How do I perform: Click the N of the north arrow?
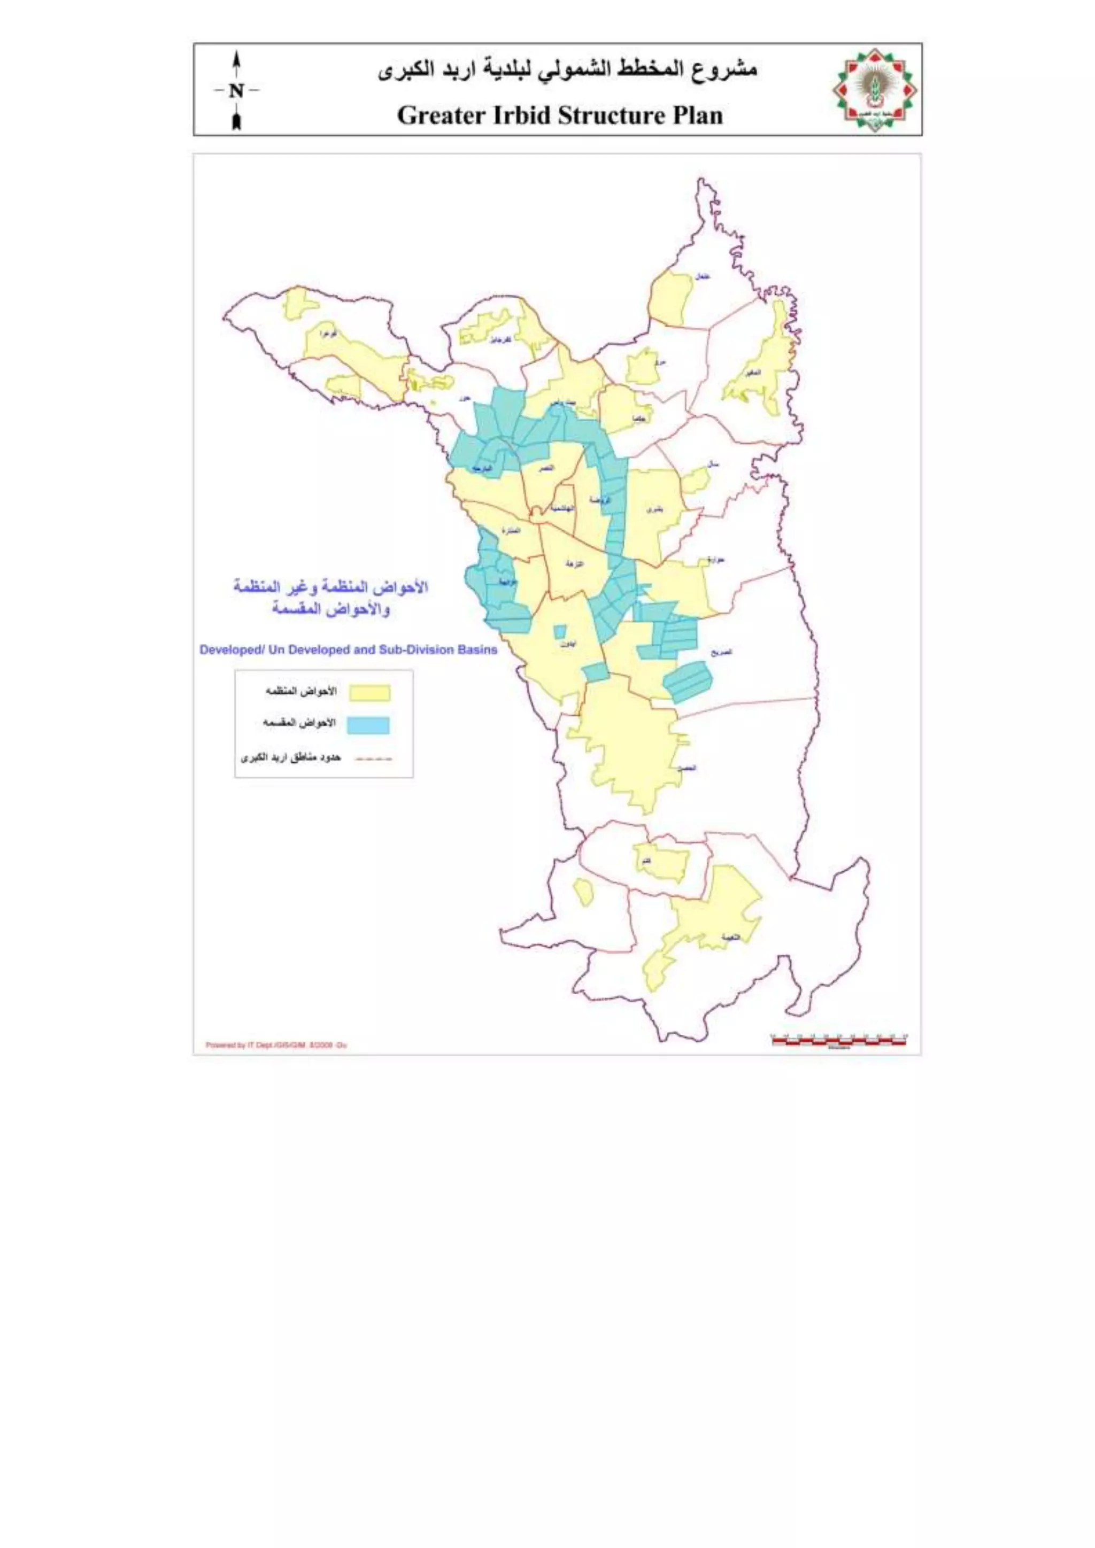tap(236, 90)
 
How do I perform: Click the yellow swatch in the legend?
tap(369, 693)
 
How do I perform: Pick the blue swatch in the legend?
tap(369, 725)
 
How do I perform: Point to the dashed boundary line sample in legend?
tap(374, 758)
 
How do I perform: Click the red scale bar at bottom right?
tap(839, 1042)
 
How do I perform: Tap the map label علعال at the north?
tap(702, 276)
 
